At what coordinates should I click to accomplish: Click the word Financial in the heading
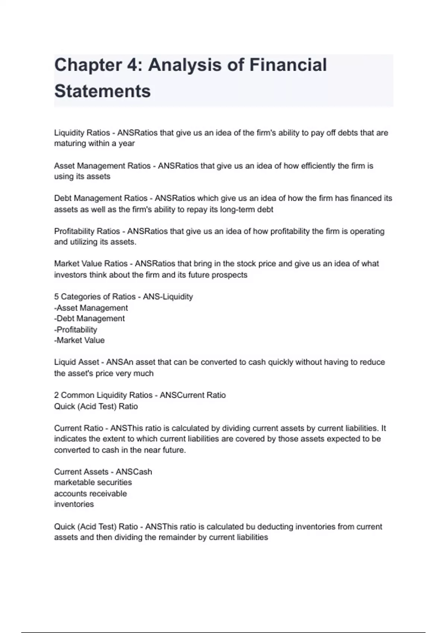tap(288, 65)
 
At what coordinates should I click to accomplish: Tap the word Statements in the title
tap(102, 91)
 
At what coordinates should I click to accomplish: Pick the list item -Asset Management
tap(91, 308)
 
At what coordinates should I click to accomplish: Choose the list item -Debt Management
tap(89, 318)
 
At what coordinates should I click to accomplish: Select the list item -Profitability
tap(76, 330)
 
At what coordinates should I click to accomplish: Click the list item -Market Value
tap(79, 340)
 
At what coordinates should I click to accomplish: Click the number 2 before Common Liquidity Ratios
tap(56, 395)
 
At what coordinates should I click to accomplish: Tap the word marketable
tap(73, 482)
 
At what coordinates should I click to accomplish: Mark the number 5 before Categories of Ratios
tap(56, 297)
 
